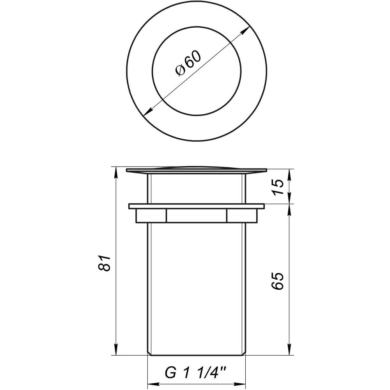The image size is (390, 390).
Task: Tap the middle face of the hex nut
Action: pos(196,216)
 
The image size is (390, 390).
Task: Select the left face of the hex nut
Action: pos(151,216)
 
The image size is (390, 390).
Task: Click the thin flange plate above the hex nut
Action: pos(196,206)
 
